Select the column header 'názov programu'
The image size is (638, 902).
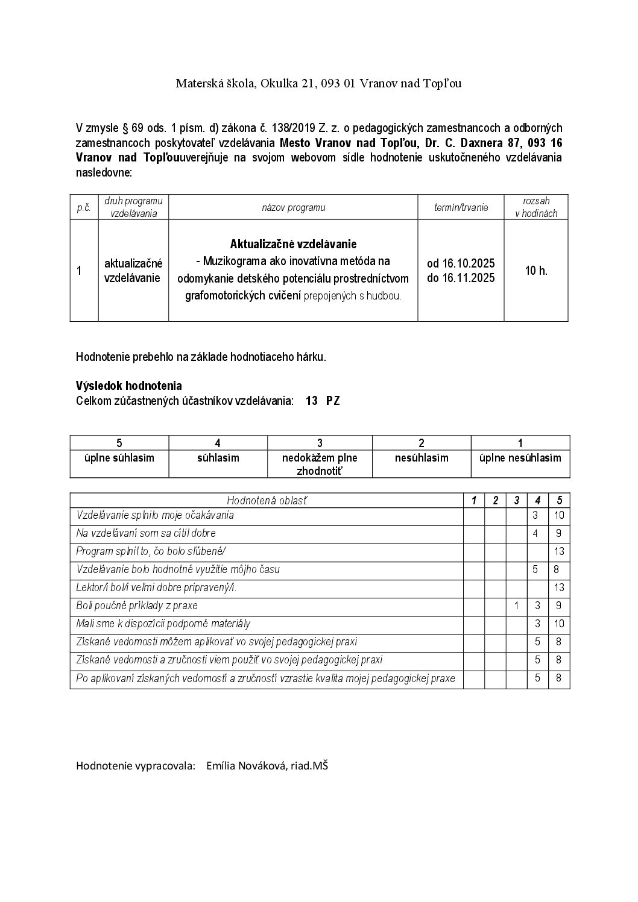pos(293,207)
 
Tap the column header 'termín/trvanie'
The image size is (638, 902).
pos(461,207)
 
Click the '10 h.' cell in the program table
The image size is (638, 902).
pos(535,271)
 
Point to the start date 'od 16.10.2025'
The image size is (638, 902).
pos(461,263)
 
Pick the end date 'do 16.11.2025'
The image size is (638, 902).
pos(461,278)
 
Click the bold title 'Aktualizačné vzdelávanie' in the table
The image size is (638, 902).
pos(293,244)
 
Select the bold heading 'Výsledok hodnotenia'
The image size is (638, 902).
pos(128,386)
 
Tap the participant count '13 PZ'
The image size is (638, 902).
pos(323,401)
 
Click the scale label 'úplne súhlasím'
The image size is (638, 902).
pos(119,458)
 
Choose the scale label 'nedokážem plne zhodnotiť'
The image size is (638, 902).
pos(320,464)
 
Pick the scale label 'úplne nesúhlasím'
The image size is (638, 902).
pos(520,458)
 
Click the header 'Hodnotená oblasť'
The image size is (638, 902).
pos(266,500)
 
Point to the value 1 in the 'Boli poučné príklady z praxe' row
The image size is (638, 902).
pos(516,606)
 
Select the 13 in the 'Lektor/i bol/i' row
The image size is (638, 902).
pos(559,587)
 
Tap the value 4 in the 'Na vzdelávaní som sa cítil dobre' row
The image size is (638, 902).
pos(535,533)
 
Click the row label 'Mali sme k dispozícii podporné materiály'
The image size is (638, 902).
pos(163,624)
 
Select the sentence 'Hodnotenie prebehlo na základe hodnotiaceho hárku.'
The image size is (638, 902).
pos(201,357)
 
